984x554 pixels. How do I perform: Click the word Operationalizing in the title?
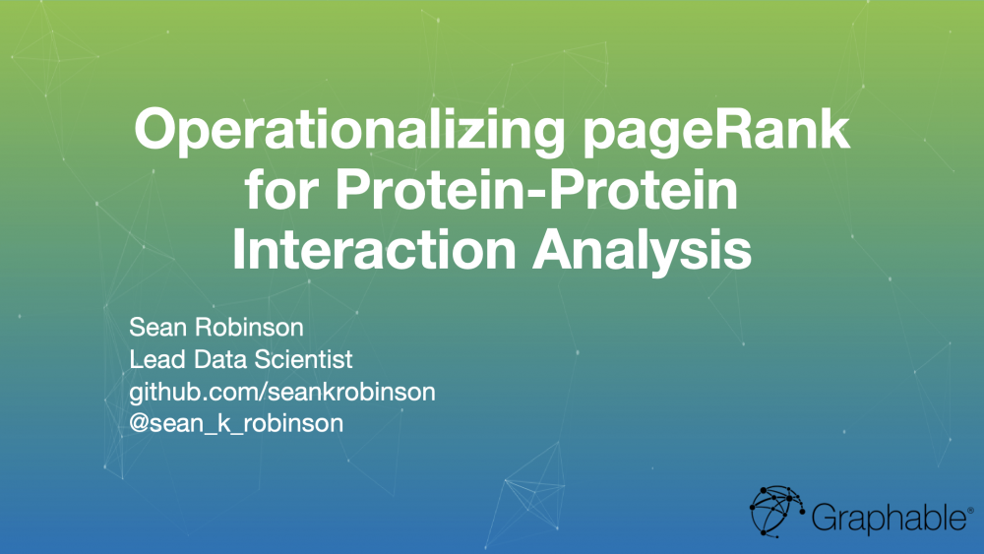tap(349, 132)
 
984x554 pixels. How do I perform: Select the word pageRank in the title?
tap(716, 132)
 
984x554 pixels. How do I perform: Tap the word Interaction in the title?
tap(374, 250)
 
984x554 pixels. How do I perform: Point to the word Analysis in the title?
tap(642, 251)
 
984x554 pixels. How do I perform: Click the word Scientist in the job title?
tap(303, 359)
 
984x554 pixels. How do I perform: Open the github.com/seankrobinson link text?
tap(282, 393)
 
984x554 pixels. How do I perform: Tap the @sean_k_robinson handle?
tap(236, 423)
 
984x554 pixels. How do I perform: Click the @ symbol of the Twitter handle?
tap(139, 423)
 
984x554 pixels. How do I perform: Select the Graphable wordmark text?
tap(889, 518)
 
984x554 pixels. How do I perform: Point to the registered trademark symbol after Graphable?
tap(971, 512)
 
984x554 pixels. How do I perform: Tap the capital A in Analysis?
tap(554, 250)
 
